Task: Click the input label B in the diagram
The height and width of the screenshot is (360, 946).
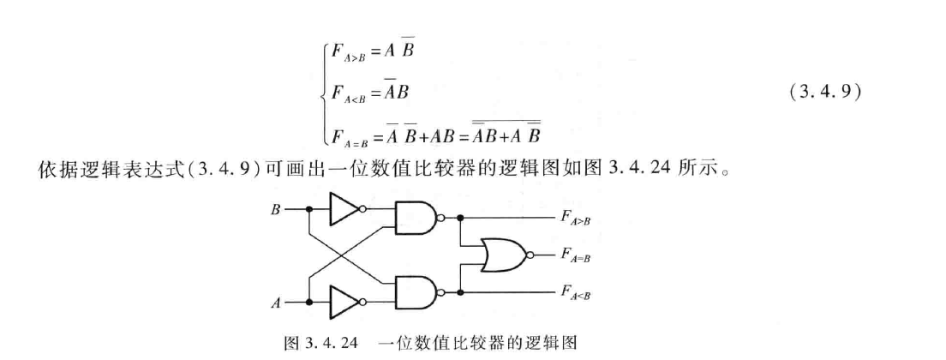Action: [x=276, y=207]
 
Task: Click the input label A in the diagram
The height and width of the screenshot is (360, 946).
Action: [x=276, y=303]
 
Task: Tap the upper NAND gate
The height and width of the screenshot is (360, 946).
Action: [x=414, y=218]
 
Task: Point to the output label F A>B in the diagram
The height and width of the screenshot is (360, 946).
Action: [x=574, y=219]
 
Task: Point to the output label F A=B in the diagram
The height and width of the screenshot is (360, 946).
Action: [x=574, y=255]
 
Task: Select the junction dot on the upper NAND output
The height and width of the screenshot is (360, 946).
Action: [x=463, y=218]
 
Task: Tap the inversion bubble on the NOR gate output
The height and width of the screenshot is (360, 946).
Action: [x=532, y=255]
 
